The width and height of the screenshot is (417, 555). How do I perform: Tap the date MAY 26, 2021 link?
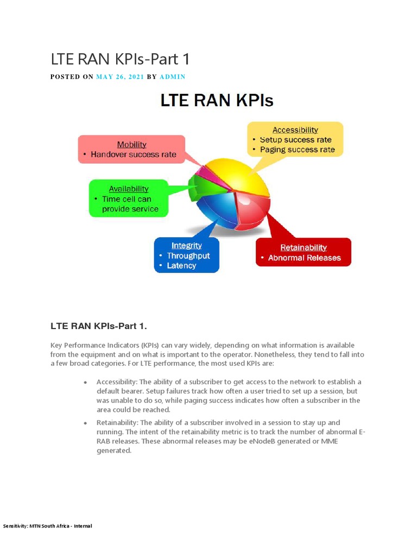[x=120, y=77]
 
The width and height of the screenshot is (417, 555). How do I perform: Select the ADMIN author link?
[x=172, y=77]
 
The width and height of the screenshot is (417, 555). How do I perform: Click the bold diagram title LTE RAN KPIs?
[x=216, y=101]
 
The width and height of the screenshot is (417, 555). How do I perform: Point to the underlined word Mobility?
[x=132, y=144]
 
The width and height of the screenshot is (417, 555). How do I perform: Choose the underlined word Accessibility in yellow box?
[x=295, y=130]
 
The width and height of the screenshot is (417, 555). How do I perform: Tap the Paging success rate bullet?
[x=297, y=150]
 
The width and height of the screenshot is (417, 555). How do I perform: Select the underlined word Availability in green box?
[x=129, y=189]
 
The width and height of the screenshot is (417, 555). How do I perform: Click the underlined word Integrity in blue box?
[x=186, y=246]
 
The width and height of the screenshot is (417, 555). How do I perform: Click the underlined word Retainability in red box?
[x=304, y=248]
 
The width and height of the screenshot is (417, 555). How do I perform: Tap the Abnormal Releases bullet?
[x=304, y=258]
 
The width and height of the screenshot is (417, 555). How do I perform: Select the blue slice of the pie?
[x=214, y=209]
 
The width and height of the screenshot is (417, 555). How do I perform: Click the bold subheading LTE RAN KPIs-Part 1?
[x=99, y=326]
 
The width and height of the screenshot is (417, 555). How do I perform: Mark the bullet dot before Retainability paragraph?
[x=86, y=422]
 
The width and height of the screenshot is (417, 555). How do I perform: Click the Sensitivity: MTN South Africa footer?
[x=47, y=526]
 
